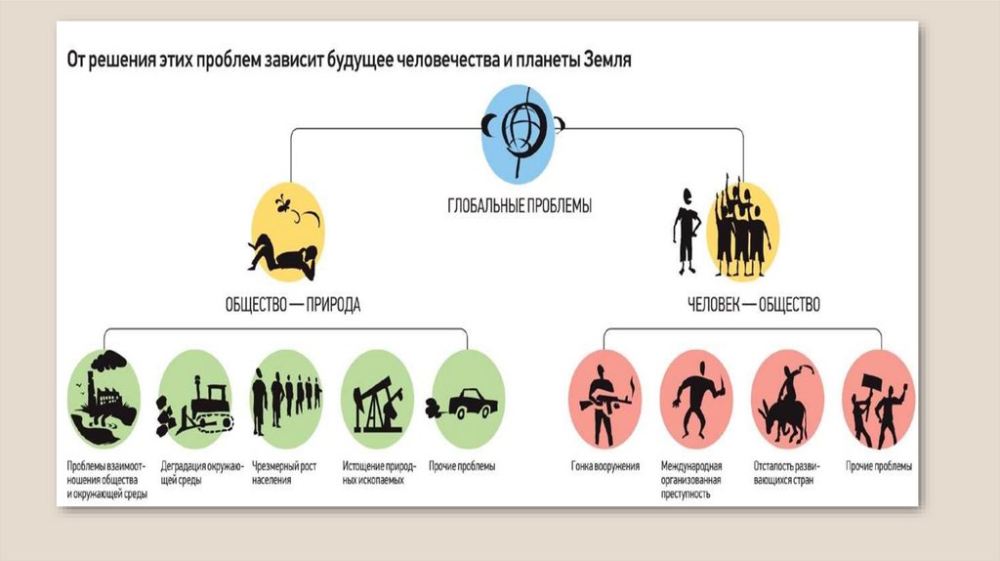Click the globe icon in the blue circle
coord(519,131)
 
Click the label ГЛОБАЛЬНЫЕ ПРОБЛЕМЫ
coord(520,206)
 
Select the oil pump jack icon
coord(376,402)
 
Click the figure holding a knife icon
coord(695,397)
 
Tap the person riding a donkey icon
coord(787,399)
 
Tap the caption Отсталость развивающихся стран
coord(787,473)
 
